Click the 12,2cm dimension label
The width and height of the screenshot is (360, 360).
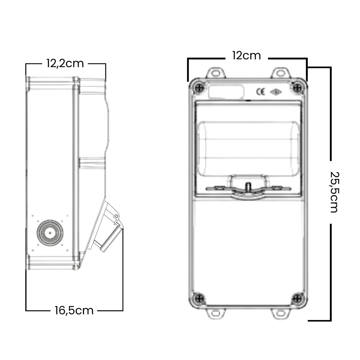[65, 64]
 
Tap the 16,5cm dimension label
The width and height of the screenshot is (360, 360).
[74, 311]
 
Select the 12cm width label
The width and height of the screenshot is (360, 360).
[247, 56]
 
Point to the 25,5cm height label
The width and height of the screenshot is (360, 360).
[334, 192]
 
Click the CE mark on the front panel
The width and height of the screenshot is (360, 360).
[260, 92]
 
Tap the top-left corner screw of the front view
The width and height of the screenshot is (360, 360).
[199, 87]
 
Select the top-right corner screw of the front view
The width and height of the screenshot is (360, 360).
[298, 87]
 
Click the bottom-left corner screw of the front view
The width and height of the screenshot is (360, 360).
[199, 298]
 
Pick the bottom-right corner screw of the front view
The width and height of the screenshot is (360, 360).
[298, 298]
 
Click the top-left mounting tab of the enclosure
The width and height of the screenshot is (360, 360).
[216, 73]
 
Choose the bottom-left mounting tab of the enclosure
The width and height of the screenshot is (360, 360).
[216, 313]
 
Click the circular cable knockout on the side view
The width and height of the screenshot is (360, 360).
[50, 233]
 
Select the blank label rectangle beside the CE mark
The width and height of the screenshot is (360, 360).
[226, 92]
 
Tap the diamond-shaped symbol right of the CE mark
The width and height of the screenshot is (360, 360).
[276, 92]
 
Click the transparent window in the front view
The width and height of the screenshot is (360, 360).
[248, 149]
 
